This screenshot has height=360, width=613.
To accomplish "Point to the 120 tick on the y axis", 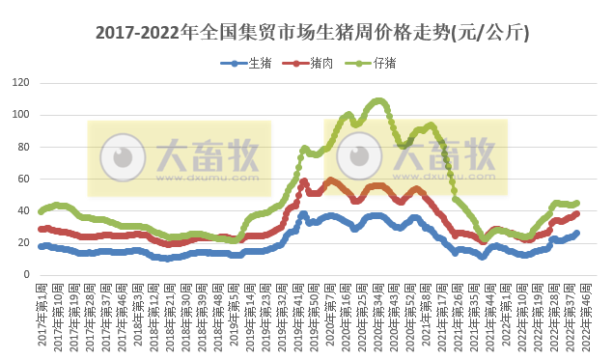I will click(x=20, y=83).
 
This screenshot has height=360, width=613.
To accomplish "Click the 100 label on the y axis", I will click(x=20, y=115).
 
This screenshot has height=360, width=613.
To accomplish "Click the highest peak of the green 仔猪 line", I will click(x=378, y=99).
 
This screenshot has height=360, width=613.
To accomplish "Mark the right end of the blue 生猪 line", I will click(x=577, y=233).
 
